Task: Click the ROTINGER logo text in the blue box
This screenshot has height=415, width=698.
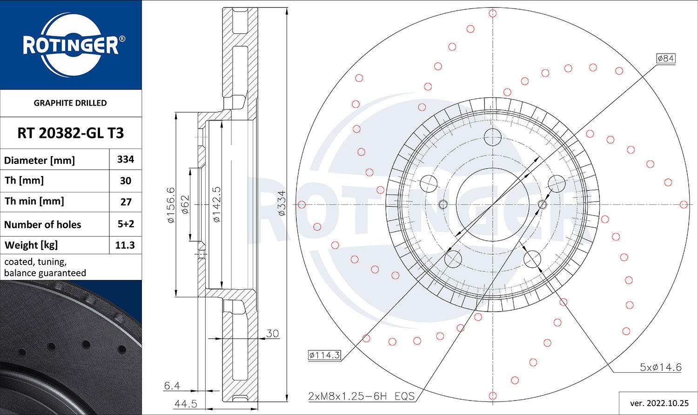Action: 70,46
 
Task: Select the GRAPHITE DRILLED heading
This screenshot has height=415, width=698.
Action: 70,103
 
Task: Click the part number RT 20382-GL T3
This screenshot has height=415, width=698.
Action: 71,133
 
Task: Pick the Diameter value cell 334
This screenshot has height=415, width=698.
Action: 126,159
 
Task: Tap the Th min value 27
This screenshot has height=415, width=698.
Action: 126,202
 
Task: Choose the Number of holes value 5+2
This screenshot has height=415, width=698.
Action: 126,224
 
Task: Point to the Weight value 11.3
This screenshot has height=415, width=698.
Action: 125,245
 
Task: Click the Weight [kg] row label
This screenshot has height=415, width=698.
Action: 31,245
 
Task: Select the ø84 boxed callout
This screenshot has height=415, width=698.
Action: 665,58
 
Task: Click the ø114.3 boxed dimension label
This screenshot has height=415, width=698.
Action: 324,355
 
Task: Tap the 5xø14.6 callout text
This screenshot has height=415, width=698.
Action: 660,367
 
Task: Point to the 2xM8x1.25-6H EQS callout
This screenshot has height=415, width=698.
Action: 361,396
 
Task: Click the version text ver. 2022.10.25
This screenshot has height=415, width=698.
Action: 658,402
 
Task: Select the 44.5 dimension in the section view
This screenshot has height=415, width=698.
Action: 186,403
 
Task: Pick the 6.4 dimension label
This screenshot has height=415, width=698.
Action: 172,386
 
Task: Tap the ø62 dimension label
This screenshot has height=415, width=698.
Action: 185,204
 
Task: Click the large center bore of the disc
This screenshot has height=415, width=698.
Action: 492,204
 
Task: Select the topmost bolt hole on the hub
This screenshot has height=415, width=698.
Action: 492,137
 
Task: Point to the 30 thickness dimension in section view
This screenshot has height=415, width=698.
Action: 272,333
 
